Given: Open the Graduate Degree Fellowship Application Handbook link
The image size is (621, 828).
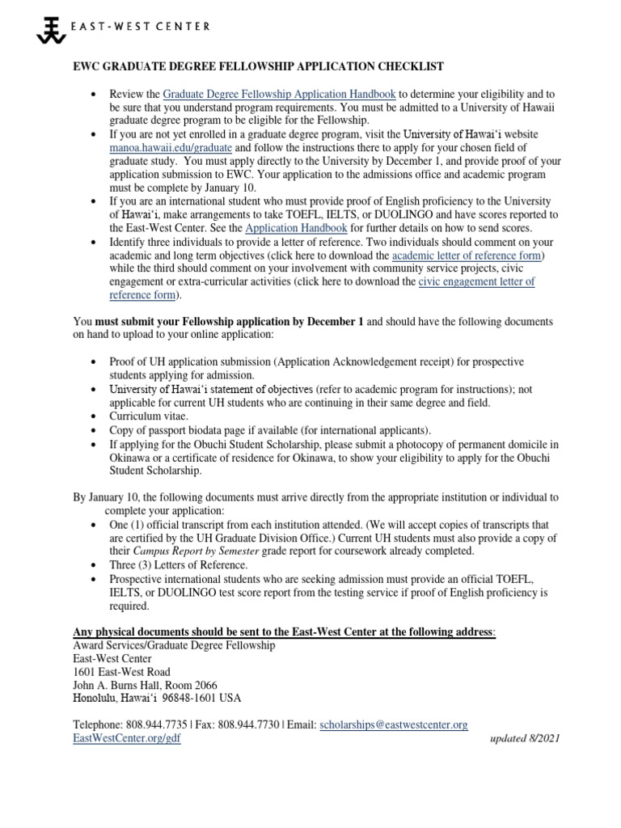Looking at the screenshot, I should point(280,95).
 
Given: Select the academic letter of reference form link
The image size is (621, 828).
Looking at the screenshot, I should point(463,255).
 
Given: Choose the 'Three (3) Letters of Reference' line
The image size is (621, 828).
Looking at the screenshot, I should point(178,564).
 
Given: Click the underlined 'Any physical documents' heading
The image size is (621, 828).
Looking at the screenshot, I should point(283,631).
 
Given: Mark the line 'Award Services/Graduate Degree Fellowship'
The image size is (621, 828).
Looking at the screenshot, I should point(174,644).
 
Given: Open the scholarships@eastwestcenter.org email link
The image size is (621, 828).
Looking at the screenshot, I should point(394,725).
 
